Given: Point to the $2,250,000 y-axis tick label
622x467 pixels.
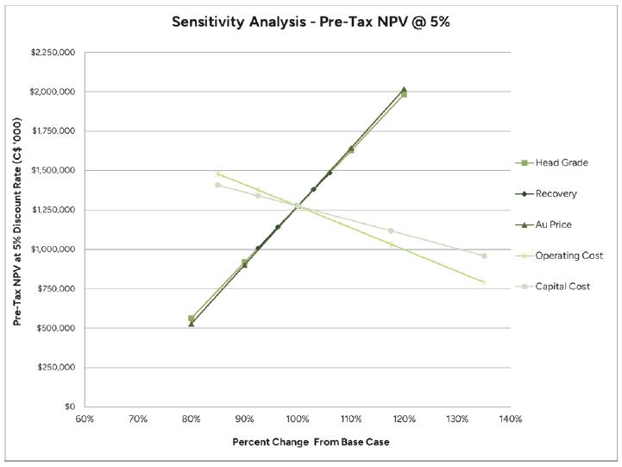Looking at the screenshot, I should coord(53,53).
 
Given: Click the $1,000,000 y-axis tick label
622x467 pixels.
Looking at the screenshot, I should coord(53,249).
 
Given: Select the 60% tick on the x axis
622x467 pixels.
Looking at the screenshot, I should coord(85,420).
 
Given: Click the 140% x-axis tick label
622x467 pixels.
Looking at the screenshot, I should coord(511,420).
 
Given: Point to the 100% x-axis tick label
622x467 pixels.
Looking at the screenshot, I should coord(298,420).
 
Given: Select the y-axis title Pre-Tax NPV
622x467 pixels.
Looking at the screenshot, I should coord(17,230).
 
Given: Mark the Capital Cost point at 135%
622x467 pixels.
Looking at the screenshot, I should coord(484,256).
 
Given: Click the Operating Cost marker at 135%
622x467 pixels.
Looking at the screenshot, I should coord(484,282).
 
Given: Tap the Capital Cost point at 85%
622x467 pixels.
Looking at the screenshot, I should coord(217,185).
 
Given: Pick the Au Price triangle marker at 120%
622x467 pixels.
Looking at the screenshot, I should coord(404,90).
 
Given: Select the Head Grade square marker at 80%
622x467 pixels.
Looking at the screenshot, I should coord(191,319).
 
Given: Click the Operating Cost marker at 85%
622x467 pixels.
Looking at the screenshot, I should coord(217,174).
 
